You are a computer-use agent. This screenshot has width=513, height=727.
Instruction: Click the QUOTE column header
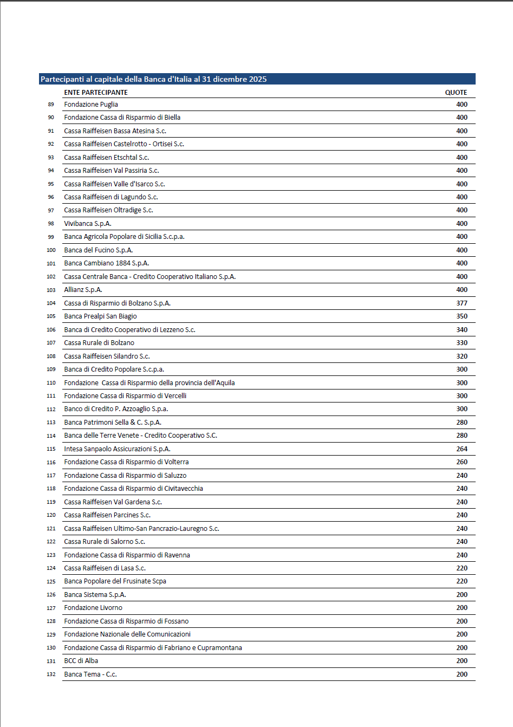456,93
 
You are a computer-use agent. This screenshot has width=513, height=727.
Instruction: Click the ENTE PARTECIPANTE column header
96,93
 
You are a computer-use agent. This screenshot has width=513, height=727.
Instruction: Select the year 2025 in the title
257,79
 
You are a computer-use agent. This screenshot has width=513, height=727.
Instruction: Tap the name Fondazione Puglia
91,105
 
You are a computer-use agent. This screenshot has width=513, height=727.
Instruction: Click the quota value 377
462,303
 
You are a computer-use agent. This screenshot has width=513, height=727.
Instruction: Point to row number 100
51,250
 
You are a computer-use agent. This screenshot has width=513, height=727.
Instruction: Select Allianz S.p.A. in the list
83,290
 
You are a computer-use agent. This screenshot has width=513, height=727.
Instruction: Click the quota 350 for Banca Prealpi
462,316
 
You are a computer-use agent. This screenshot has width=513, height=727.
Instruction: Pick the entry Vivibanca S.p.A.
88,224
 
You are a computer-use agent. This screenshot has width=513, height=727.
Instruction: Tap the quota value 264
462,449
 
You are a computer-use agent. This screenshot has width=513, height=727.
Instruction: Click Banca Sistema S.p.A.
95,595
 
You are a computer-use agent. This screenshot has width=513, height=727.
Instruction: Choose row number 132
51,674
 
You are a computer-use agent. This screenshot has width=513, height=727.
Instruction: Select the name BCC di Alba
81,661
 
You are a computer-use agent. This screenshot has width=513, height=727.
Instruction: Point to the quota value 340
462,330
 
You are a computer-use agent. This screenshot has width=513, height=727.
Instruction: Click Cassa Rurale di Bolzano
99,343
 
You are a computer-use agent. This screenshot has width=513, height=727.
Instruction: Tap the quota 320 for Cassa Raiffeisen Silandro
462,356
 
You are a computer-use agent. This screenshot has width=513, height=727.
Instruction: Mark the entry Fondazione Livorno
93,608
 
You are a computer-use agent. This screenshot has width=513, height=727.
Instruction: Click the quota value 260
462,462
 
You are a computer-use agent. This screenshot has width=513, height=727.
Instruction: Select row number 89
51,105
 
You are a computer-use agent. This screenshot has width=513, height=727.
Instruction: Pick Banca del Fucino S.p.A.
98,250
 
